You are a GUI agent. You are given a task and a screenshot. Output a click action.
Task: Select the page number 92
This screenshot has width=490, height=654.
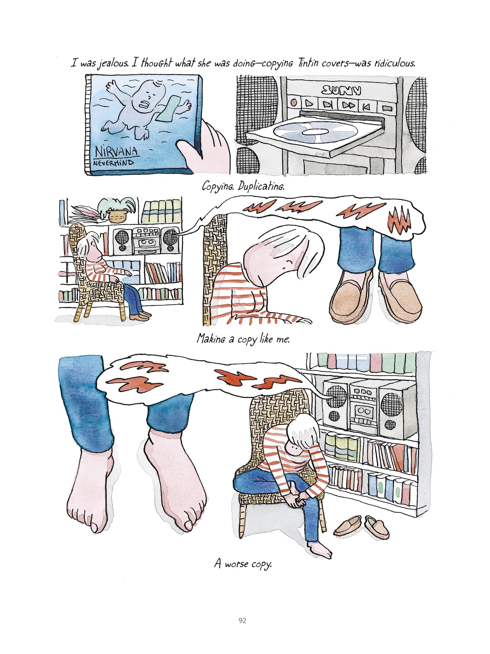coord(242,621)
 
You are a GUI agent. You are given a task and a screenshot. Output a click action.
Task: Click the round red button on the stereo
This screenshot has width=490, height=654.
coord(294,102)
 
